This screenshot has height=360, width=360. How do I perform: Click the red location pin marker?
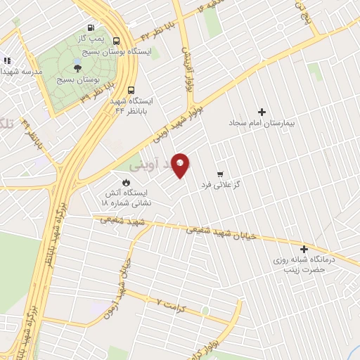click(180, 165)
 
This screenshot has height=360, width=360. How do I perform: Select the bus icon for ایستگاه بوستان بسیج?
click(116, 40)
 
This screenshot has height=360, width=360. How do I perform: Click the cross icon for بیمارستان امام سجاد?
click(262, 112)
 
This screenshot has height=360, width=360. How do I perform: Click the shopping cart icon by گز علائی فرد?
click(220, 174)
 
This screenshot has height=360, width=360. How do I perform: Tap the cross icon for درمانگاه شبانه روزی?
click(304, 250)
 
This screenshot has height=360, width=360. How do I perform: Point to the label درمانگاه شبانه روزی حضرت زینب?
click(306, 264)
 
